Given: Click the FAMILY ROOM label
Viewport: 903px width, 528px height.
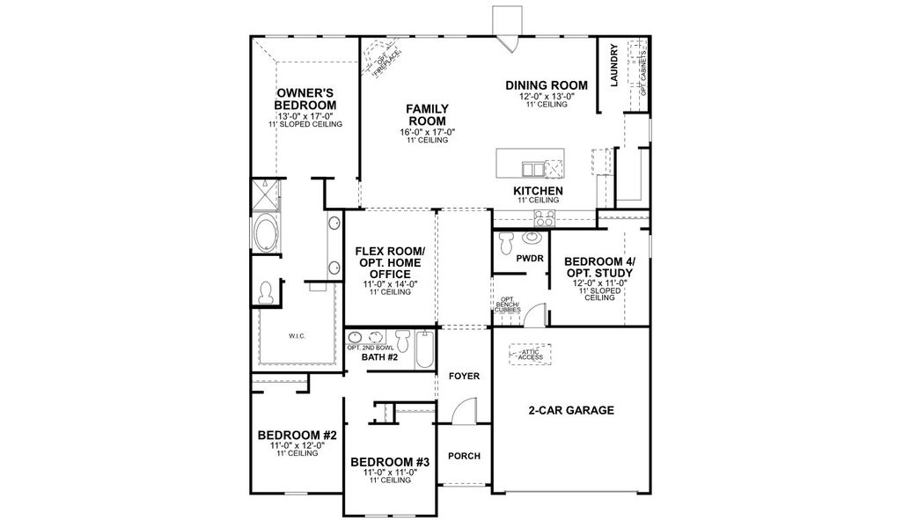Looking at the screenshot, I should (x=426, y=114).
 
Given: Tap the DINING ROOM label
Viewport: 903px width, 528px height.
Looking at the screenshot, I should (x=546, y=85).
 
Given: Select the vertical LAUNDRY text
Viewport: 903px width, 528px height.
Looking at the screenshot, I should (x=614, y=66).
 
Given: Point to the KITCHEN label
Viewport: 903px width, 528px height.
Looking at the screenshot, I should (x=538, y=190).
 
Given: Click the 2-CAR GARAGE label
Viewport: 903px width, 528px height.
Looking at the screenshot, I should (x=570, y=410).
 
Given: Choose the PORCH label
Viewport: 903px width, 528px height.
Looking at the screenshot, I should (x=464, y=456).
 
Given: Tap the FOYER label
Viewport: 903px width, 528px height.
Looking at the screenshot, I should (x=464, y=376).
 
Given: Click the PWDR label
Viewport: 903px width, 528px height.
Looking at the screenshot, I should (x=529, y=258).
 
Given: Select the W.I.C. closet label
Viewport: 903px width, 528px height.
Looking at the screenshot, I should (x=295, y=335).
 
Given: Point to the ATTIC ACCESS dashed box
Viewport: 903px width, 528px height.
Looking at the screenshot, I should (x=530, y=355).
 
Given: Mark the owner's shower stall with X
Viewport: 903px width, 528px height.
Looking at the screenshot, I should (x=263, y=193).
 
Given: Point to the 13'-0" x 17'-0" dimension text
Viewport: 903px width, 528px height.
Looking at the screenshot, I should (x=305, y=115).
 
